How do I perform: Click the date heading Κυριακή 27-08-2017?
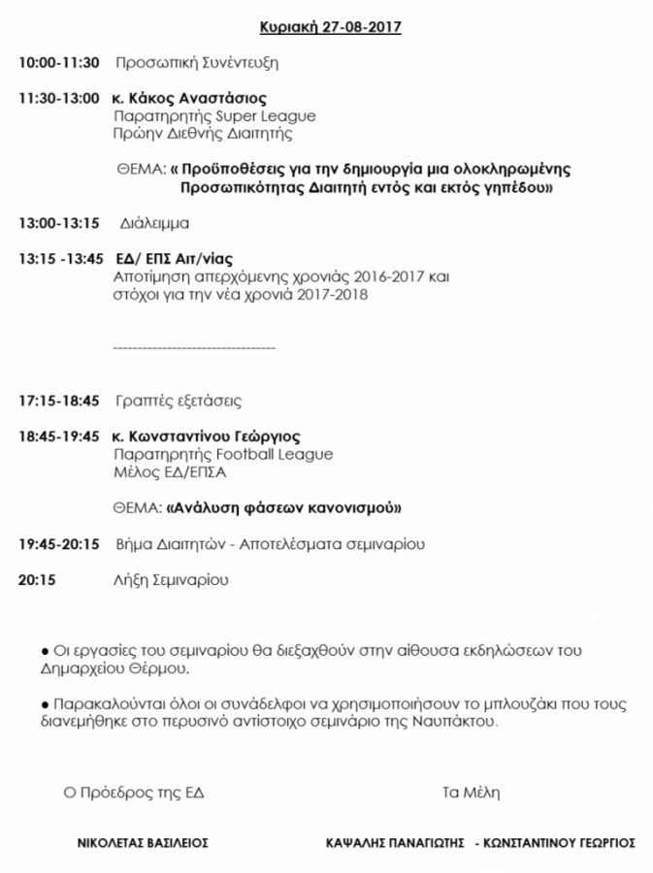pos(331,27)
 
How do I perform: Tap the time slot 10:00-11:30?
pos(58,63)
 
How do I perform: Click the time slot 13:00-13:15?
pos(58,223)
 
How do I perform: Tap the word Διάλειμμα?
pos(154,223)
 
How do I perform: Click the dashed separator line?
pos(194,347)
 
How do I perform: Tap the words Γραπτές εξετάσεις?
pos(178,401)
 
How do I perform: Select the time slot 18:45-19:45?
pos(58,436)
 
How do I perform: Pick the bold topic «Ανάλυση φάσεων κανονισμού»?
pos(283,507)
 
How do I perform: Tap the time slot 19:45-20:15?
pos(58,544)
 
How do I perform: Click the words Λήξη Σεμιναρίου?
pos(171,580)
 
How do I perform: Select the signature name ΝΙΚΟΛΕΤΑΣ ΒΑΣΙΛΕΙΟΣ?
pos(143,843)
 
